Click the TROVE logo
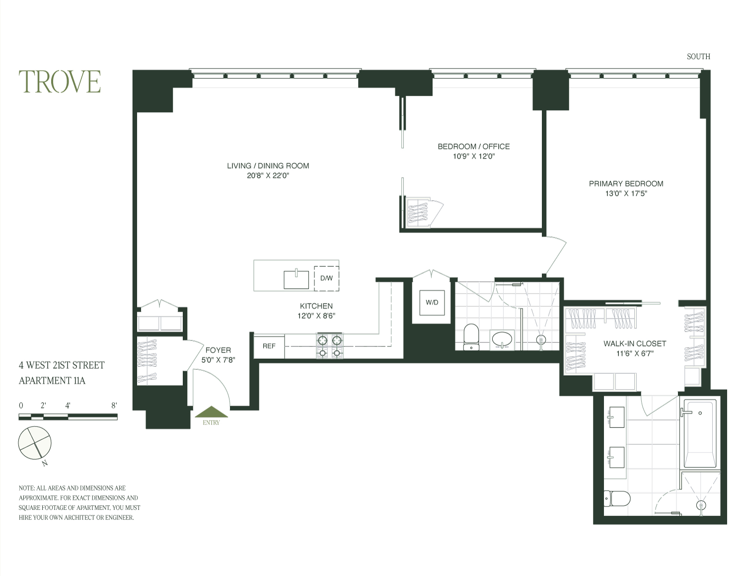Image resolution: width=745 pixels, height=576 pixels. point(60,82)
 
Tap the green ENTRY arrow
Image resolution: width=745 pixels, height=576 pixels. point(211,412)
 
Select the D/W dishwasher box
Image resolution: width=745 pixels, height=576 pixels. point(326,278)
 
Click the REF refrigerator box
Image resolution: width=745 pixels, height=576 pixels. point(269,346)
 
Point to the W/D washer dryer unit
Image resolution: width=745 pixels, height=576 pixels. point(432,302)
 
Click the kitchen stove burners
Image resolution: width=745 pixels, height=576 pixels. point(330,346)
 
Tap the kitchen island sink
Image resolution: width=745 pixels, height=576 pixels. point(296,279)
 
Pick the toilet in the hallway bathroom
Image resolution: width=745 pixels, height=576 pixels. point(470,336)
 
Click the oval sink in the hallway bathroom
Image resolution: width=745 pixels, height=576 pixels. point(502,340)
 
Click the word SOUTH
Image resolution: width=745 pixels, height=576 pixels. point(698,57)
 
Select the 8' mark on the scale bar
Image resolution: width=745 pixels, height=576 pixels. point(114,406)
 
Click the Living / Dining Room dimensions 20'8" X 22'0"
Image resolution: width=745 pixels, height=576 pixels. point(268,175)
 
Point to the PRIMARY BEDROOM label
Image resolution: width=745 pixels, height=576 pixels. point(626,184)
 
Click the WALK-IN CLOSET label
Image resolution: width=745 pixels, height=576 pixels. point(635,343)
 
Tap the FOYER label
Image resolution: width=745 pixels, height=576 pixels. point(218,350)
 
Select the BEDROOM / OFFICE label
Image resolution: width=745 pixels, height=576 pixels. point(473,147)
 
